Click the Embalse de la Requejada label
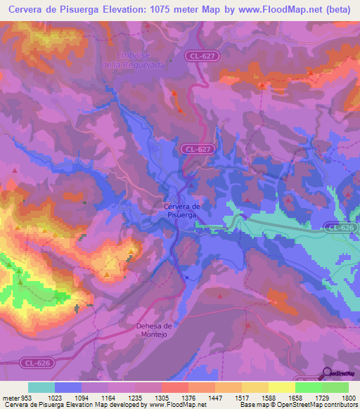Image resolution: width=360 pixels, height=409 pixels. coord(143,60)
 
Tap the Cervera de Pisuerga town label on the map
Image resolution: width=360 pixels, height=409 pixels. coord(182,211)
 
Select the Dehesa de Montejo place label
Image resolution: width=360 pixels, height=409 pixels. coord(153,330)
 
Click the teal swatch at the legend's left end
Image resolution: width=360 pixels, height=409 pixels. coord(41,387)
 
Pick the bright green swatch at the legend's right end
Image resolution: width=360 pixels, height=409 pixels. coord(335,387)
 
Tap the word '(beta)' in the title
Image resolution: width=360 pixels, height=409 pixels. coord(341,10)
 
